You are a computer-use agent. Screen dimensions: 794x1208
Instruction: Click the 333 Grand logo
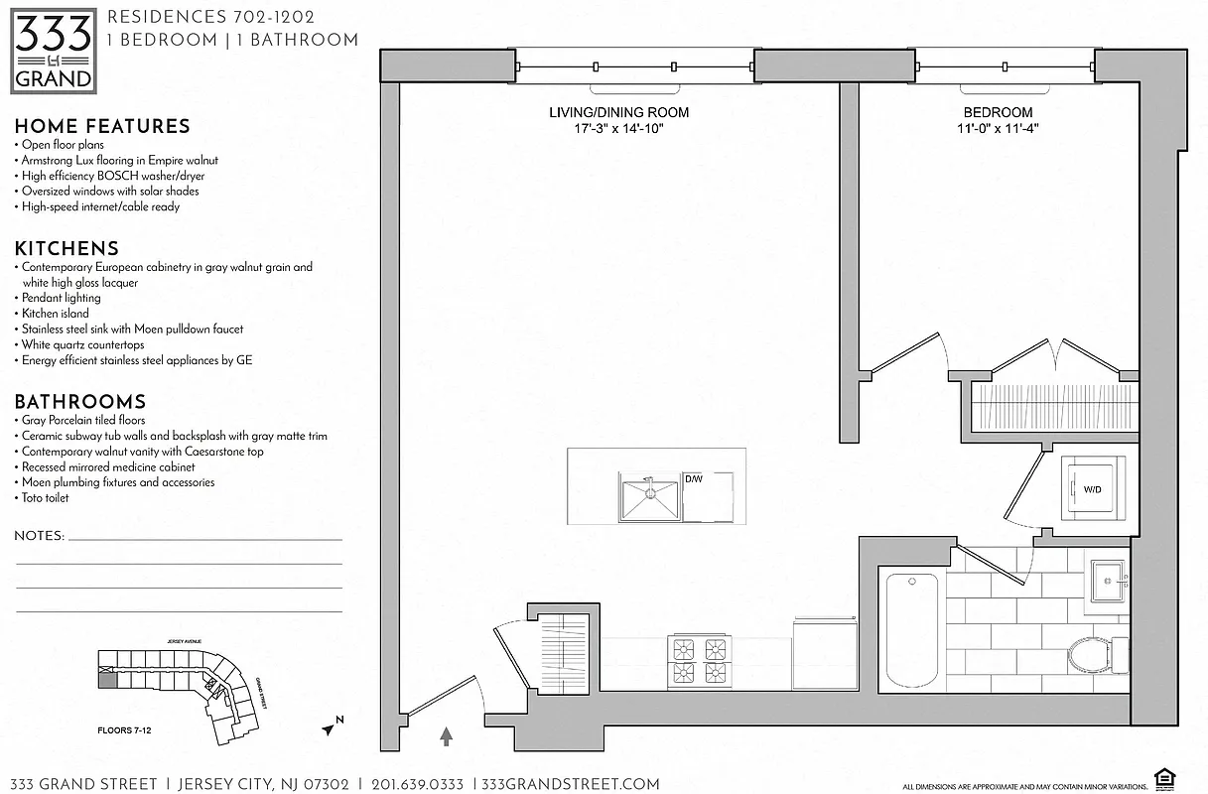pyautogui.click(x=54, y=51)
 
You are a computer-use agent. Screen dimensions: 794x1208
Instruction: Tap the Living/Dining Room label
pyautogui.click(x=618, y=112)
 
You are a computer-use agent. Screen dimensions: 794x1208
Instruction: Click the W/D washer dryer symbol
pyautogui.click(x=1093, y=488)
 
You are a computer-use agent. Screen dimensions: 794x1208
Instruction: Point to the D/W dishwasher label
pyautogui.click(x=694, y=479)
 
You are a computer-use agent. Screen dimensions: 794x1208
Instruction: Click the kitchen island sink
pyautogui.click(x=649, y=497)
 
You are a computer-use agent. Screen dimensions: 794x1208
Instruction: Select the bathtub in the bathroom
pyautogui.click(x=911, y=629)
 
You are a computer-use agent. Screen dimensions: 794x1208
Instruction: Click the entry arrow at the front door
pyautogui.click(x=446, y=735)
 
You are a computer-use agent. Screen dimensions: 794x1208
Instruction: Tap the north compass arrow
pyautogui.click(x=331, y=728)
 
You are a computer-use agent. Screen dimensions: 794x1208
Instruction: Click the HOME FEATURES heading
pyautogui.click(x=102, y=126)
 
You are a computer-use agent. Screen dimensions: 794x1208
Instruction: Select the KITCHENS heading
pyautogui.click(x=67, y=248)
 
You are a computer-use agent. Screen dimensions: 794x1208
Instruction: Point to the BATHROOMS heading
pyautogui.click(x=80, y=401)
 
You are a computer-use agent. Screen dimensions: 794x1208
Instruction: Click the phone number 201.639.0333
pyautogui.click(x=417, y=784)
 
